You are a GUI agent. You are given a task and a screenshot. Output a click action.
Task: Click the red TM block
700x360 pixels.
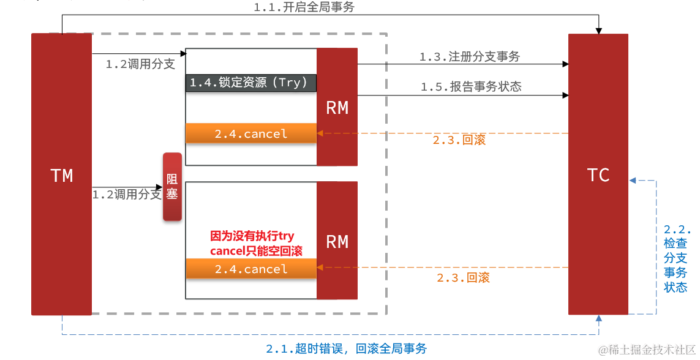61,175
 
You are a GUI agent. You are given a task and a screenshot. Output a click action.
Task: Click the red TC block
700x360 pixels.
598,175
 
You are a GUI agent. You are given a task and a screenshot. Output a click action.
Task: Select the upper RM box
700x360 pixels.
337,107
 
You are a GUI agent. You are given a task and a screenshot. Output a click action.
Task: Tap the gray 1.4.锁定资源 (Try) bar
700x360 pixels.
251,83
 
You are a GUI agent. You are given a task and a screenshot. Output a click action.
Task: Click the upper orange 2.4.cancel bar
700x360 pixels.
251,133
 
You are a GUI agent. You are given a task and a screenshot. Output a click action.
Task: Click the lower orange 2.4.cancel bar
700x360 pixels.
251,269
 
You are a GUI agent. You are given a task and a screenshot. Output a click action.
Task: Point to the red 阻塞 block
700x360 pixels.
172,186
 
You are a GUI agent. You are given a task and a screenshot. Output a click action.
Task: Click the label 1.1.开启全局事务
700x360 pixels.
304,7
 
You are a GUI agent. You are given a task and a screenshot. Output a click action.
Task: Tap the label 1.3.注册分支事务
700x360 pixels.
470,57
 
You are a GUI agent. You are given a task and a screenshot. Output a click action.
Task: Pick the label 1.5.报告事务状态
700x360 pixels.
471,87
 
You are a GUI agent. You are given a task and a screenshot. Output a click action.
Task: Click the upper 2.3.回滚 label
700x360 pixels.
459,140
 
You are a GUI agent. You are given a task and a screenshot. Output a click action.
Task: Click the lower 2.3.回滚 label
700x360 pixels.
463,277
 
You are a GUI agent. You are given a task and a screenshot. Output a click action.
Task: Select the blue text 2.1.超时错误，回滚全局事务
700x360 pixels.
346,348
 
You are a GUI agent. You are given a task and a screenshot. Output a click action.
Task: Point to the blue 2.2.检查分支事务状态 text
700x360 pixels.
677,258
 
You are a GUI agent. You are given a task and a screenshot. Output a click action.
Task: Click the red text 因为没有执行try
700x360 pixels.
252,236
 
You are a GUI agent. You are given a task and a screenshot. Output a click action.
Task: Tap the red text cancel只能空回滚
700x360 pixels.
256,250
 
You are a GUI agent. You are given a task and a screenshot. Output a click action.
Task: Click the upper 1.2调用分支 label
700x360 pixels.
140,64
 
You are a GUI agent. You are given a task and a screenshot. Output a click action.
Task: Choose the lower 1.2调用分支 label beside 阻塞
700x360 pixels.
127,195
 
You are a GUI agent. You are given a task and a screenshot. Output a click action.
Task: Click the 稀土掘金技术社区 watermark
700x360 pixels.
648,350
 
